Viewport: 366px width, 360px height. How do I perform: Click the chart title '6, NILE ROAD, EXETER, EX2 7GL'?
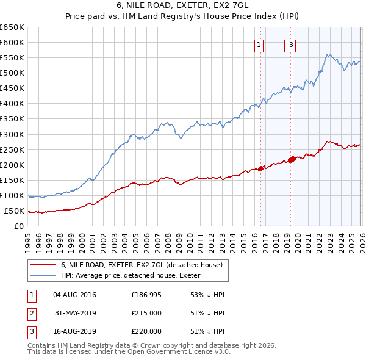[x=183, y=7]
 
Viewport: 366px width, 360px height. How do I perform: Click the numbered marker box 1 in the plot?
[x=259, y=44]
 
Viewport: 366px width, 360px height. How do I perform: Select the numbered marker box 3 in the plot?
[x=292, y=44]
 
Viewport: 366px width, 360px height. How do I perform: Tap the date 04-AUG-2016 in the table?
[x=74, y=295]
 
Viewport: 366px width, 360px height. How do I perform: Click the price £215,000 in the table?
[x=146, y=313]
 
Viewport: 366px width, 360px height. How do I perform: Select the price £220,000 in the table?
[x=146, y=331]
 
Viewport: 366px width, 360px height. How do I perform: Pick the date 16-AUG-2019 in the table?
[x=74, y=331]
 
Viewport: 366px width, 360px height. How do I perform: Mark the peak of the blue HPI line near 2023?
[x=328, y=54]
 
